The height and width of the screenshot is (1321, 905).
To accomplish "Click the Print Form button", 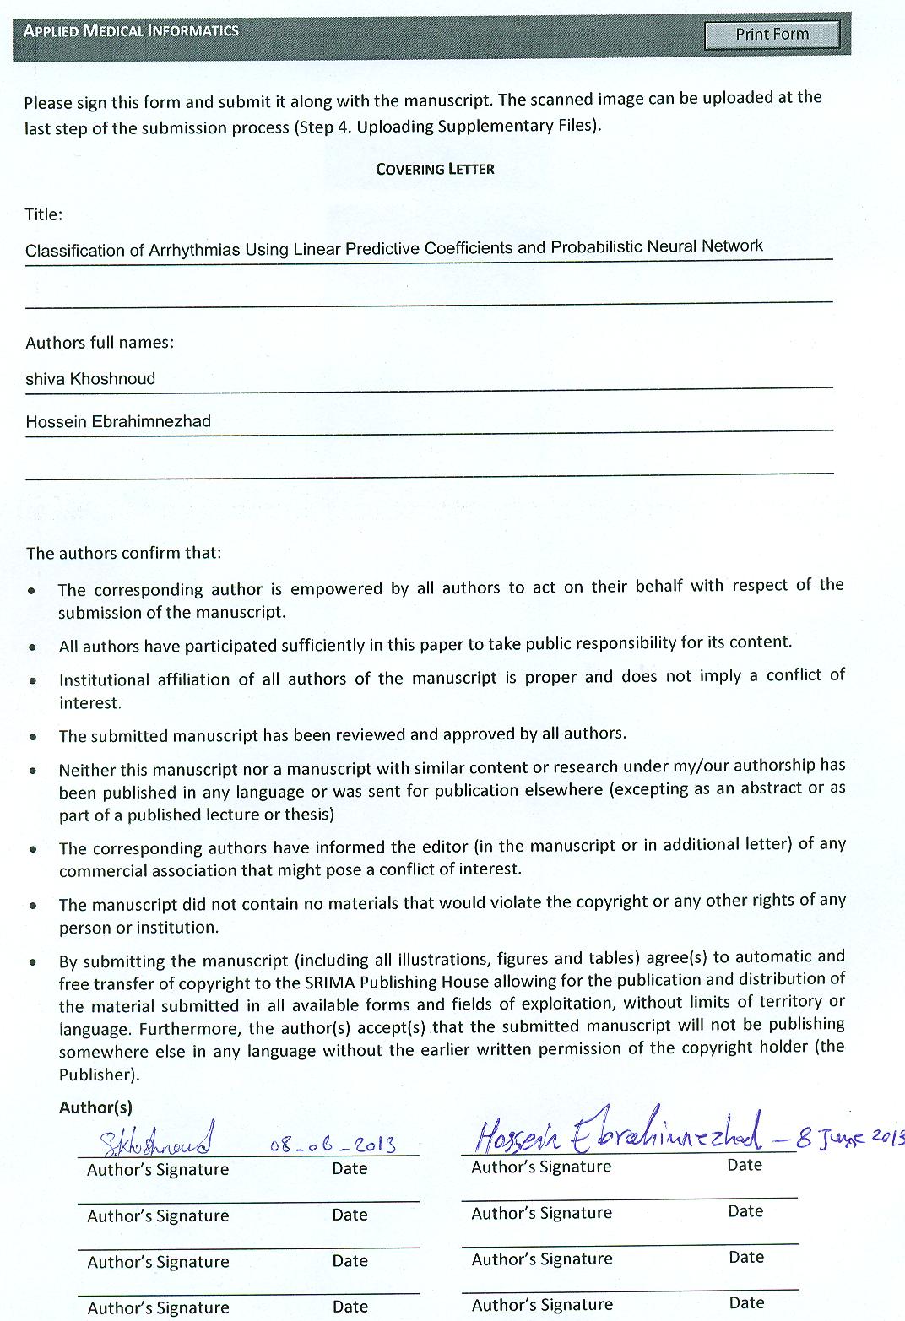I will click(772, 35).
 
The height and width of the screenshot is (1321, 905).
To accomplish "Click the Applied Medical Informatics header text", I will click(131, 31).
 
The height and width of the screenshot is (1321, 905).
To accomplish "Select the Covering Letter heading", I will click(435, 169).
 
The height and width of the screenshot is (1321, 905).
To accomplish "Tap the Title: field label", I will click(44, 214).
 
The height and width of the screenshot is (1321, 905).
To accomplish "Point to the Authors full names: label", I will click(100, 343).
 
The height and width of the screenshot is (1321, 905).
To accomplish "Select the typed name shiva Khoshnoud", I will click(90, 379).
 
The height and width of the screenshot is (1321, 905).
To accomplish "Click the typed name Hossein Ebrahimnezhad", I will click(118, 421).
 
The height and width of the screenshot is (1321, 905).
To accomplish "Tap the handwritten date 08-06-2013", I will click(333, 1145).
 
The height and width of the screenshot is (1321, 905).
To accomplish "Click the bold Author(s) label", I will click(95, 1107).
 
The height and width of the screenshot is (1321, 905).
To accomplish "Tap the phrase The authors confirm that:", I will click(123, 554).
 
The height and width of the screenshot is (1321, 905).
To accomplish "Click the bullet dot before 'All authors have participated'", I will click(32, 647).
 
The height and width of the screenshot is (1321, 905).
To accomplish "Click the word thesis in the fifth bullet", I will click(307, 815).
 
